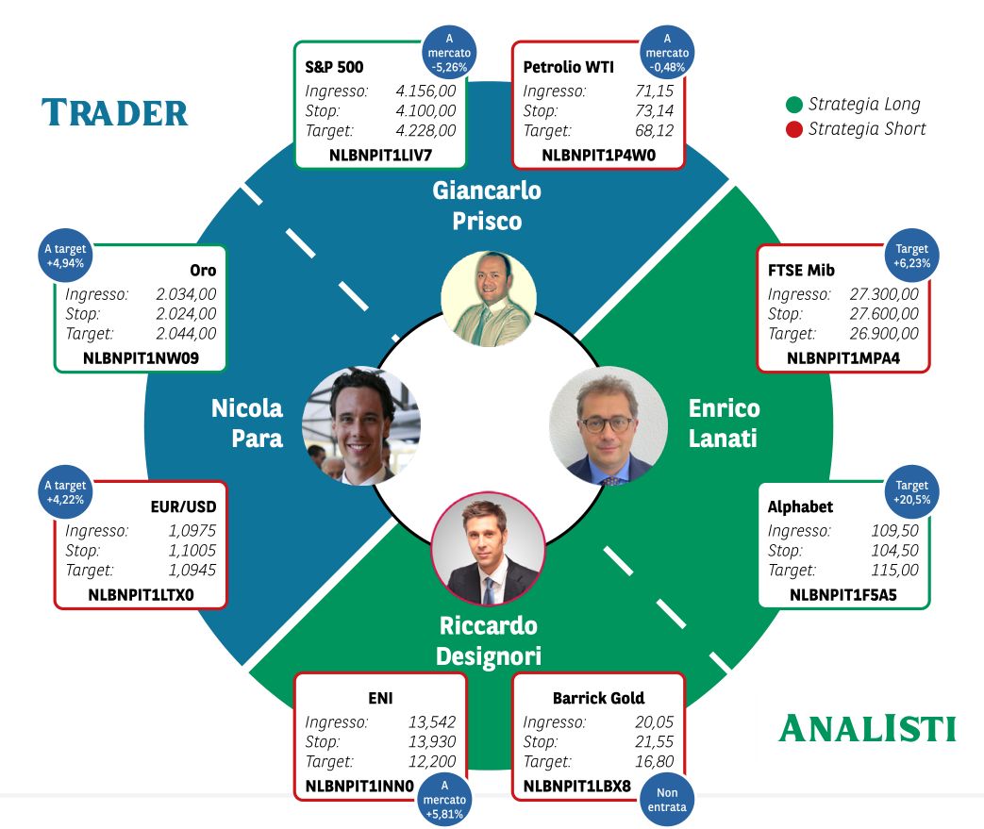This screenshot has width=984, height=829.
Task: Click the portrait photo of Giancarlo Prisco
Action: (489, 299)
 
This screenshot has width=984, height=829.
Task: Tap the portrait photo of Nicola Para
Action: (360, 425)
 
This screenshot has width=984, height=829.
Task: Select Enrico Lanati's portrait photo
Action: (609, 425)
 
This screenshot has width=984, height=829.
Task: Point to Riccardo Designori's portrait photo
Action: (489, 549)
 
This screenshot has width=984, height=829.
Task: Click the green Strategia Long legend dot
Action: (793, 104)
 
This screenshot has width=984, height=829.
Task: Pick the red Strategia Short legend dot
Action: (793, 129)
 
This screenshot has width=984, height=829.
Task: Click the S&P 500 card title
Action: (334, 67)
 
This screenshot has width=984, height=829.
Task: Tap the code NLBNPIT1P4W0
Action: (599, 155)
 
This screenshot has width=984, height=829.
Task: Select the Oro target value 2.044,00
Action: (186, 333)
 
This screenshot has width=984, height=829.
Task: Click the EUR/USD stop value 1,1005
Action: (192, 551)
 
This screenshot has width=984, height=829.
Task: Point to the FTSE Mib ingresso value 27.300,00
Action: (884, 293)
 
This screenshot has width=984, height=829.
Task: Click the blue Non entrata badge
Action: (667, 800)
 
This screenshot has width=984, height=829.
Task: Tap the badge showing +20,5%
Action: (912, 492)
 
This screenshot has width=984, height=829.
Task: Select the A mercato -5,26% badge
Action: (449, 53)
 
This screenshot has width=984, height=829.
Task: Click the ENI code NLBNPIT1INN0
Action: (359, 787)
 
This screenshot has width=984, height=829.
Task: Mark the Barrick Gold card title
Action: (598, 698)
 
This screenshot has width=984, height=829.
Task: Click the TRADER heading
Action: (115, 113)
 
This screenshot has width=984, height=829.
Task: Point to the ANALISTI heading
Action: (867, 728)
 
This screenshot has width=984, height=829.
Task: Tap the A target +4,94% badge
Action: (65, 256)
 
